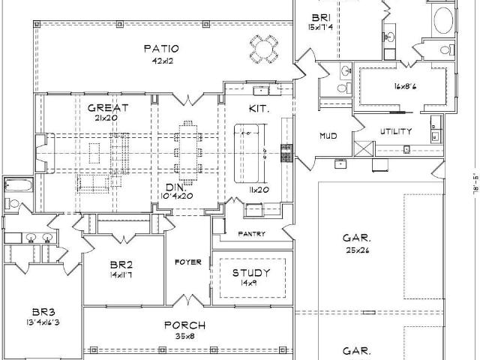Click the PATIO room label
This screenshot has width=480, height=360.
click(x=161, y=49)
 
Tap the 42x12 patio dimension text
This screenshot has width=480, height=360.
click(x=162, y=61)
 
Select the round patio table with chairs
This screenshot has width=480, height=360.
click(x=264, y=49)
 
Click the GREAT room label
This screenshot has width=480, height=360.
click(x=108, y=108)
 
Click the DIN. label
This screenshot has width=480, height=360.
click(x=175, y=187)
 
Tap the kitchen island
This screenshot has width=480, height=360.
click(x=247, y=153)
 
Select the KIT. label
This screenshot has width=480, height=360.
click(x=259, y=108)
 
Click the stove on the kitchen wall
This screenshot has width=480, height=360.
click(x=286, y=153)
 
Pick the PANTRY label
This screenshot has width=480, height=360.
click(x=252, y=234)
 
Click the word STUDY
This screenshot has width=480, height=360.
click(x=251, y=272)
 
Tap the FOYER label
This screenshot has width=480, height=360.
click(x=188, y=262)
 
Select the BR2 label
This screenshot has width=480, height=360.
click(x=121, y=265)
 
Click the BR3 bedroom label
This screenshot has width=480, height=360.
click(x=43, y=312)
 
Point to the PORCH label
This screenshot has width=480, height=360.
click(x=185, y=325)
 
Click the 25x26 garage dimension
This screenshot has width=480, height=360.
click(x=358, y=250)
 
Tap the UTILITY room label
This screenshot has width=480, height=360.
click(x=396, y=132)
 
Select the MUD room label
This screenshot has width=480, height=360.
click(x=328, y=136)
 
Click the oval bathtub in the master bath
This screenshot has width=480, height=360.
click(x=443, y=20)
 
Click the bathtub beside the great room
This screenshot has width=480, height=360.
click(x=18, y=185)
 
